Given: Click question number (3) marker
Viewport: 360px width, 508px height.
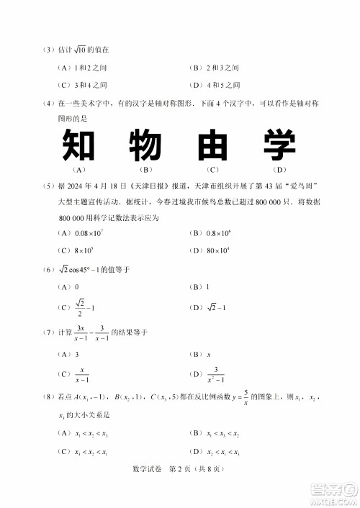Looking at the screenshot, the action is tap(48, 50).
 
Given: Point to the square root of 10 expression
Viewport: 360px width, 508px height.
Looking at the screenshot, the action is tap(80, 50).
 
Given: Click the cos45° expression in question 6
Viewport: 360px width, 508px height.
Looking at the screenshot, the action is tap(92, 269).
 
